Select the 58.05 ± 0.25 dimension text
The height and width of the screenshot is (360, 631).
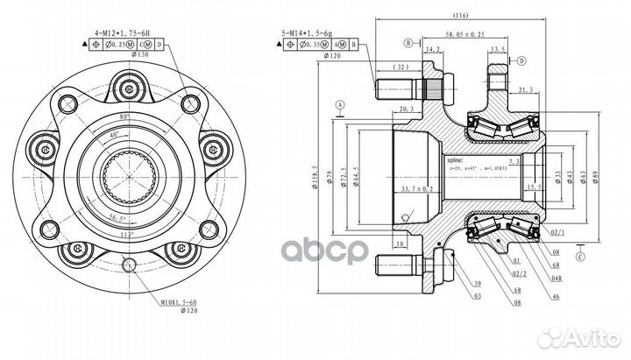[x=464, y=34]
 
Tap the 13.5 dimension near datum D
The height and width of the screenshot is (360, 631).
[x=500, y=50]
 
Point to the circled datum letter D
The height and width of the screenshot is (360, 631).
[x=521, y=60]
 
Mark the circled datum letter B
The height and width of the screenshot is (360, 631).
[x=408, y=41]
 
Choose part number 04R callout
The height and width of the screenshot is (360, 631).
[x=556, y=278]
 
